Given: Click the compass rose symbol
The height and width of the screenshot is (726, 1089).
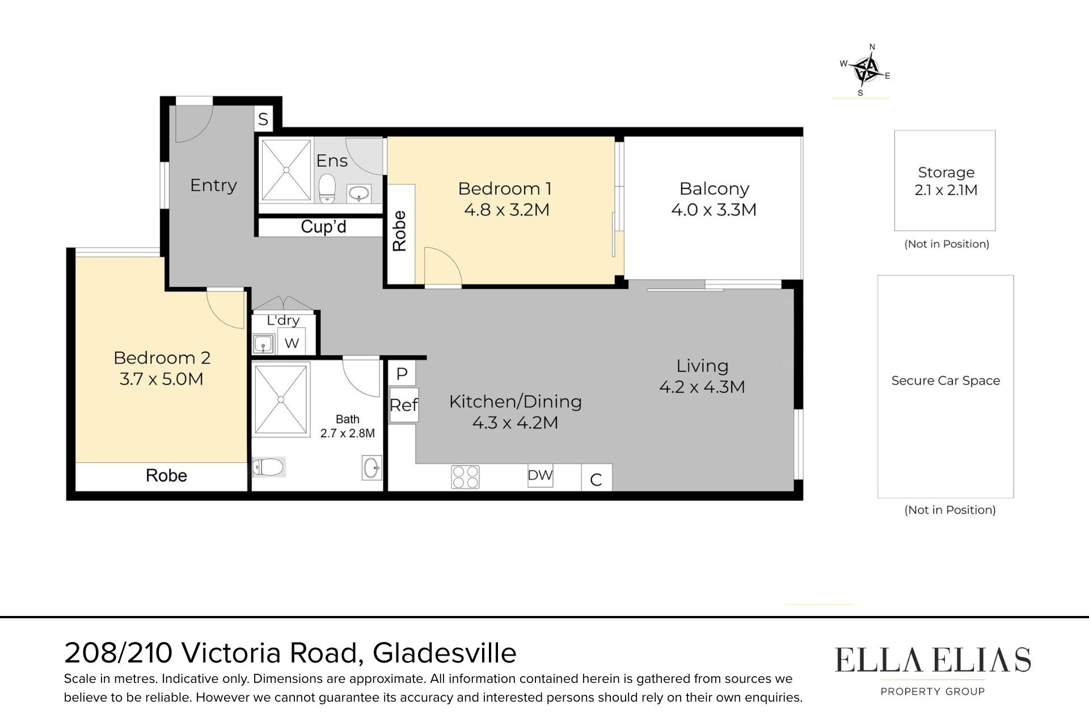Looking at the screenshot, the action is click(x=866, y=70).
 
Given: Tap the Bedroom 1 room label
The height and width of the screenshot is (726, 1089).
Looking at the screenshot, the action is click(x=505, y=199).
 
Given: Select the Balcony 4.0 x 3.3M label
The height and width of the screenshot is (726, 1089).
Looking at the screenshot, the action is click(x=714, y=199).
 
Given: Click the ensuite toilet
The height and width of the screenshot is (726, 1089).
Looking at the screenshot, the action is click(x=327, y=188).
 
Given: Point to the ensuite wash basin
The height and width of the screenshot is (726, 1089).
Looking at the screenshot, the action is click(x=358, y=193).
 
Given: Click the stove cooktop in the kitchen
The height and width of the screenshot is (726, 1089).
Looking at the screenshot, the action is click(x=465, y=476).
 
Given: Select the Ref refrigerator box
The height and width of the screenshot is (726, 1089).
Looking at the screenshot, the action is click(x=404, y=405).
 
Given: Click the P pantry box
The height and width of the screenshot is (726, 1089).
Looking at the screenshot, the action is click(x=402, y=374).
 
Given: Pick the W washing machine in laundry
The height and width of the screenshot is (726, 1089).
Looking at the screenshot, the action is click(x=292, y=342).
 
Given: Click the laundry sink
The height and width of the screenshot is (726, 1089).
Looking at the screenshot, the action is click(x=263, y=344).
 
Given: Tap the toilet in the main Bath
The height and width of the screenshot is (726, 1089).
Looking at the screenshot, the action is click(x=268, y=467).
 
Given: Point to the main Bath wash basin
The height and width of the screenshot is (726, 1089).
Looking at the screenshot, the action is click(x=372, y=468).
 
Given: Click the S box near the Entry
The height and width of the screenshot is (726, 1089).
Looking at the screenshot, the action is click(x=263, y=119).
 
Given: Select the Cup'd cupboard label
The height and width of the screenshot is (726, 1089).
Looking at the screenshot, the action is click(x=323, y=227).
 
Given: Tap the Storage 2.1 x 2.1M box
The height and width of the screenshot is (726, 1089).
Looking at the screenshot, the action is click(x=945, y=180).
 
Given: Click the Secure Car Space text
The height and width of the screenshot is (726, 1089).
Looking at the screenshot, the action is click(x=946, y=381).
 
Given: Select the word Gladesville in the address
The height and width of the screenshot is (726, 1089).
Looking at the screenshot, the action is click(x=445, y=653).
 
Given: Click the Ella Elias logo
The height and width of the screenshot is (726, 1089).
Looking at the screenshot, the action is click(x=932, y=672).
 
